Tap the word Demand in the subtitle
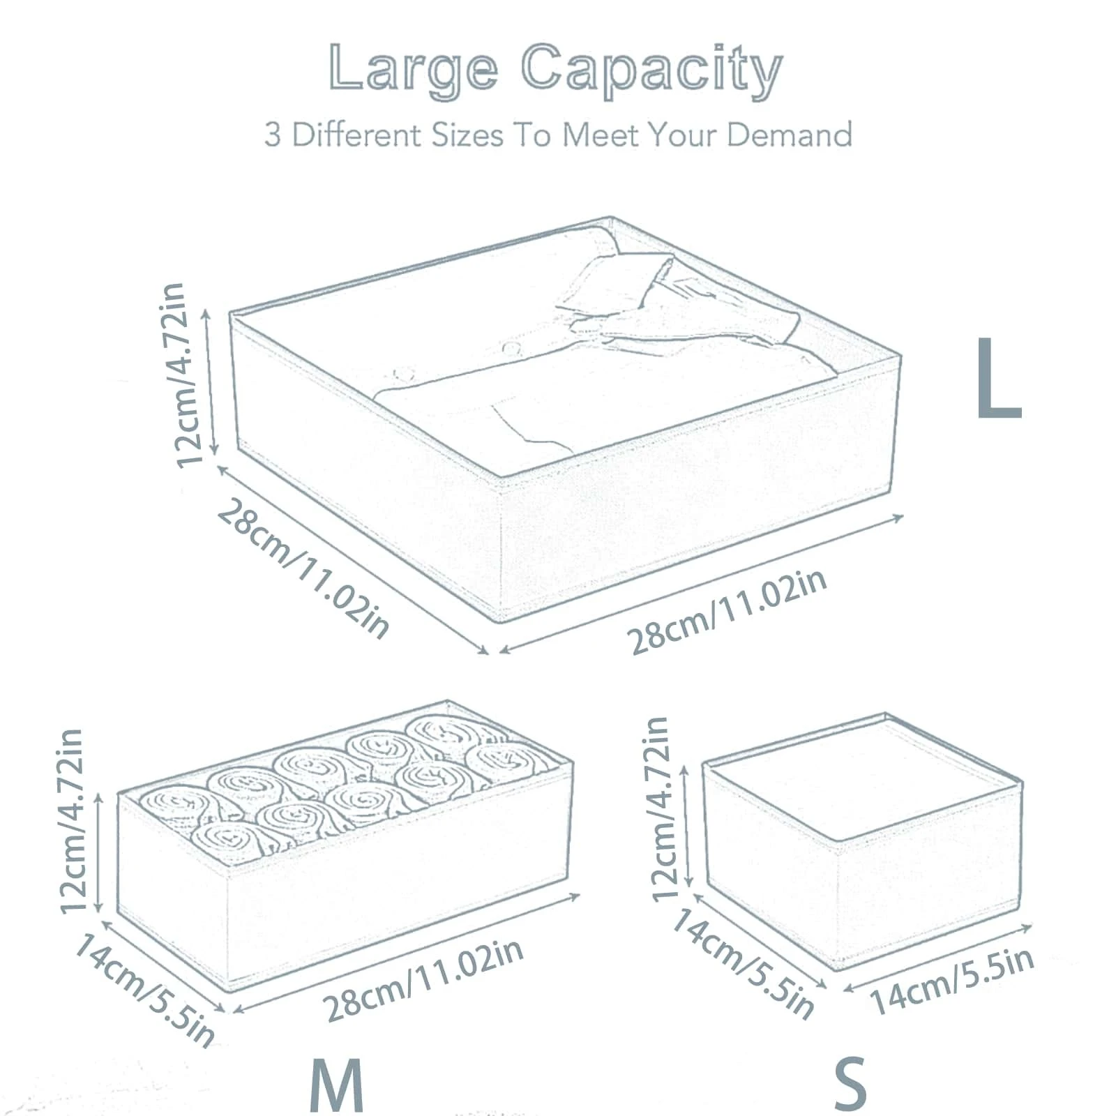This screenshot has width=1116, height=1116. point(790,134)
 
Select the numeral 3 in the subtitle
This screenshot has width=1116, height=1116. point(273,135)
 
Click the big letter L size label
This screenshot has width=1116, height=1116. point(999,378)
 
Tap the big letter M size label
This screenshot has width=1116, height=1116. point(336,1087)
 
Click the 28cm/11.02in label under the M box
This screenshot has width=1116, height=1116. point(424,981)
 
